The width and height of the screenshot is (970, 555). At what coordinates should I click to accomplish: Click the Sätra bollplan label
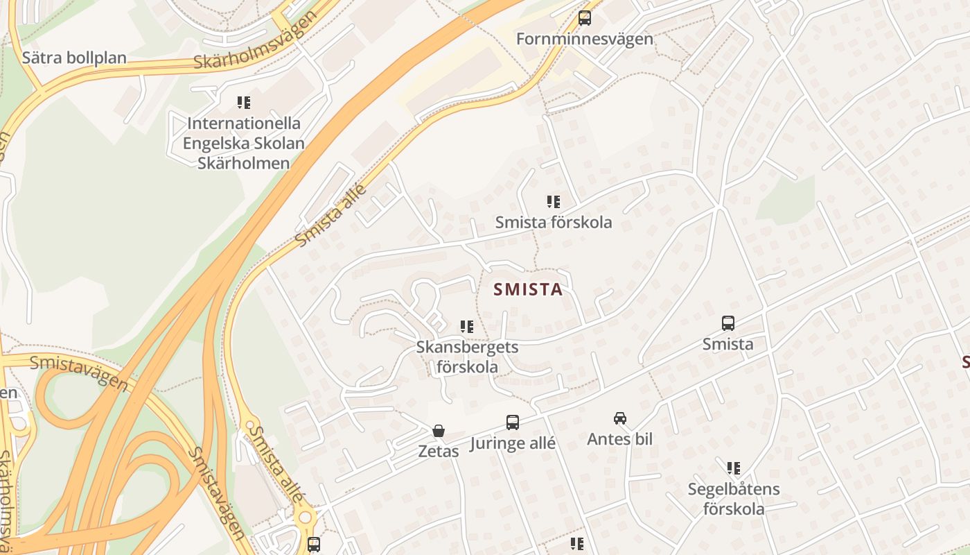click(x=74, y=58)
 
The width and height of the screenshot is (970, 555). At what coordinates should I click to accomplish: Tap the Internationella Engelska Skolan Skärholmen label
click(x=243, y=144)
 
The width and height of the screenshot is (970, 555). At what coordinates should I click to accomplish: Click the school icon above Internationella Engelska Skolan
click(x=243, y=103)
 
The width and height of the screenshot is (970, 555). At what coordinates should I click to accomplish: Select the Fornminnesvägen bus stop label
click(x=585, y=39)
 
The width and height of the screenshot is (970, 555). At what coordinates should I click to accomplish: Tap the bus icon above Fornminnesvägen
click(x=585, y=18)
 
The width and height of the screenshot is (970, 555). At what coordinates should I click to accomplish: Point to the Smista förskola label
click(x=554, y=223)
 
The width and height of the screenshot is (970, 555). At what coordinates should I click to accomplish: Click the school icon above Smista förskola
click(x=553, y=202)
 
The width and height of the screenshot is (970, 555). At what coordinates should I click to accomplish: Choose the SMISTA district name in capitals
click(x=528, y=290)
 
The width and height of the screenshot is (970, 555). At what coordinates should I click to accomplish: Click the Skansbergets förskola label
click(x=467, y=357)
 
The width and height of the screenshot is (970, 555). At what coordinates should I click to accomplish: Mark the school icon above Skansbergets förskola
click(x=467, y=326)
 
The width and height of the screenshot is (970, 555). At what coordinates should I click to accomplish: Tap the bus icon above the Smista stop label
click(x=727, y=323)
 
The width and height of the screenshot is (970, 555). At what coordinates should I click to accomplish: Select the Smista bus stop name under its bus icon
click(x=727, y=344)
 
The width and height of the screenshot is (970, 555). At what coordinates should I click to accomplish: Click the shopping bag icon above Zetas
click(x=438, y=431)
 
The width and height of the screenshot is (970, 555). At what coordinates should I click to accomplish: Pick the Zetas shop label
click(x=438, y=452)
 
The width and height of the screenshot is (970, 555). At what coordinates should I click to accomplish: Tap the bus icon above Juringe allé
click(x=513, y=422)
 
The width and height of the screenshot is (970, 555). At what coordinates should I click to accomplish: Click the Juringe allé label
click(x=513, y=444)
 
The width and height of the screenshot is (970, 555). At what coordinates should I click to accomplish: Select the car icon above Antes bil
click(x=620, y=418)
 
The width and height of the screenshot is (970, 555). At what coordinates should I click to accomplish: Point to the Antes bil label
click(x=620, y=439)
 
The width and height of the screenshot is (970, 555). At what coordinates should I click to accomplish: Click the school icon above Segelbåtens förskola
click(x=734, y=468)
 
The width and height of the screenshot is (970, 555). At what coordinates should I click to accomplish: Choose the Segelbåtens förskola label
click(x=734, y=499)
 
